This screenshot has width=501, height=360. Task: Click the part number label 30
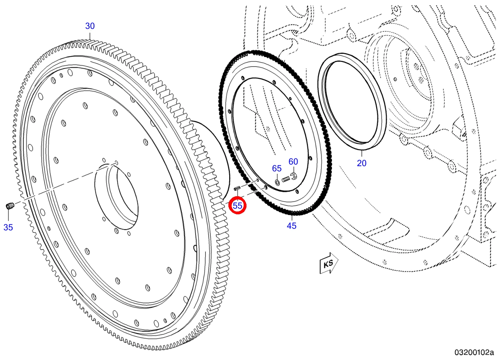point(90,26)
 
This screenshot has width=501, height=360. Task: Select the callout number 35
point(8,228)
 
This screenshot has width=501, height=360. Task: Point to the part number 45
point(292,226)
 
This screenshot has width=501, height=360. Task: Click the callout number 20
point(362,163)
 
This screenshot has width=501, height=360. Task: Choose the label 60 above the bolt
point(293,161)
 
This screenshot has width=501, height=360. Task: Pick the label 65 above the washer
point(277,169)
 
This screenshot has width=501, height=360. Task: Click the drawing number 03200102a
point(474,352)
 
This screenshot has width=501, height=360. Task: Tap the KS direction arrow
point(329,263)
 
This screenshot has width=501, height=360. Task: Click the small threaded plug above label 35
point(10,205)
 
